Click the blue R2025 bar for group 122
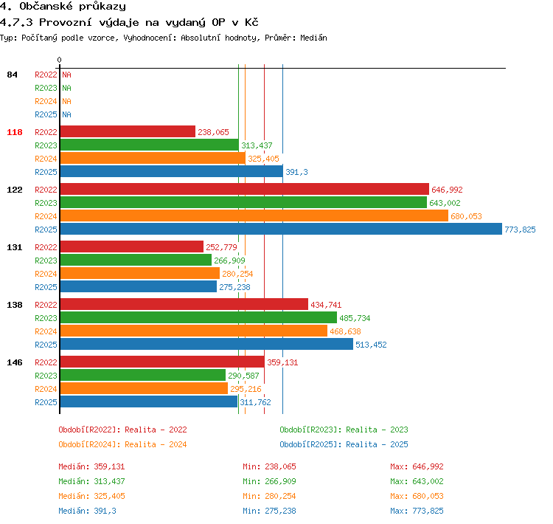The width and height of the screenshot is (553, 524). (x=281, y=229)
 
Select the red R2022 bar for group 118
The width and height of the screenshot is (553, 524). (x=128, y=131)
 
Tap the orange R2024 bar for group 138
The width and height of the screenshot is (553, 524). (x=194, y=331)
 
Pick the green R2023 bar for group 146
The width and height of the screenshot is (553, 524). (x=143, y=375)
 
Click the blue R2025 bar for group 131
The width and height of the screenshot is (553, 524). (x=139, y=286)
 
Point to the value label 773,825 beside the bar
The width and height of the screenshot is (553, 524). (x=520, y=230)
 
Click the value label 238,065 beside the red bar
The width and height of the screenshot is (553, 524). (x=213, y=132)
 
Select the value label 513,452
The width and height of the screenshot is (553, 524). (x=371, y=345)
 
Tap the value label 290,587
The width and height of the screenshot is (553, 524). (x=243, y=376)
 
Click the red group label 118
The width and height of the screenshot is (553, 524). (x=15, y=132)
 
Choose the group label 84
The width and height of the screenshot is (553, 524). (x=12, y=75)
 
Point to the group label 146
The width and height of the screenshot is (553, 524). (x=15, y=362)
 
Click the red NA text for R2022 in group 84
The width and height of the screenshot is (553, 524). (x=66, y=75)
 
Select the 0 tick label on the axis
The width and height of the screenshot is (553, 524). (x=59, y=60)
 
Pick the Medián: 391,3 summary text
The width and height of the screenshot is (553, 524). (x=87, y=511)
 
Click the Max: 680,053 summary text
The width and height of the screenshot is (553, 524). (x=417, y=496)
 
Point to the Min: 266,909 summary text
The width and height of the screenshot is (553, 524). (x=269, y=481)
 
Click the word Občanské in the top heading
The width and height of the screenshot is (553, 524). (x=46, y=6)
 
